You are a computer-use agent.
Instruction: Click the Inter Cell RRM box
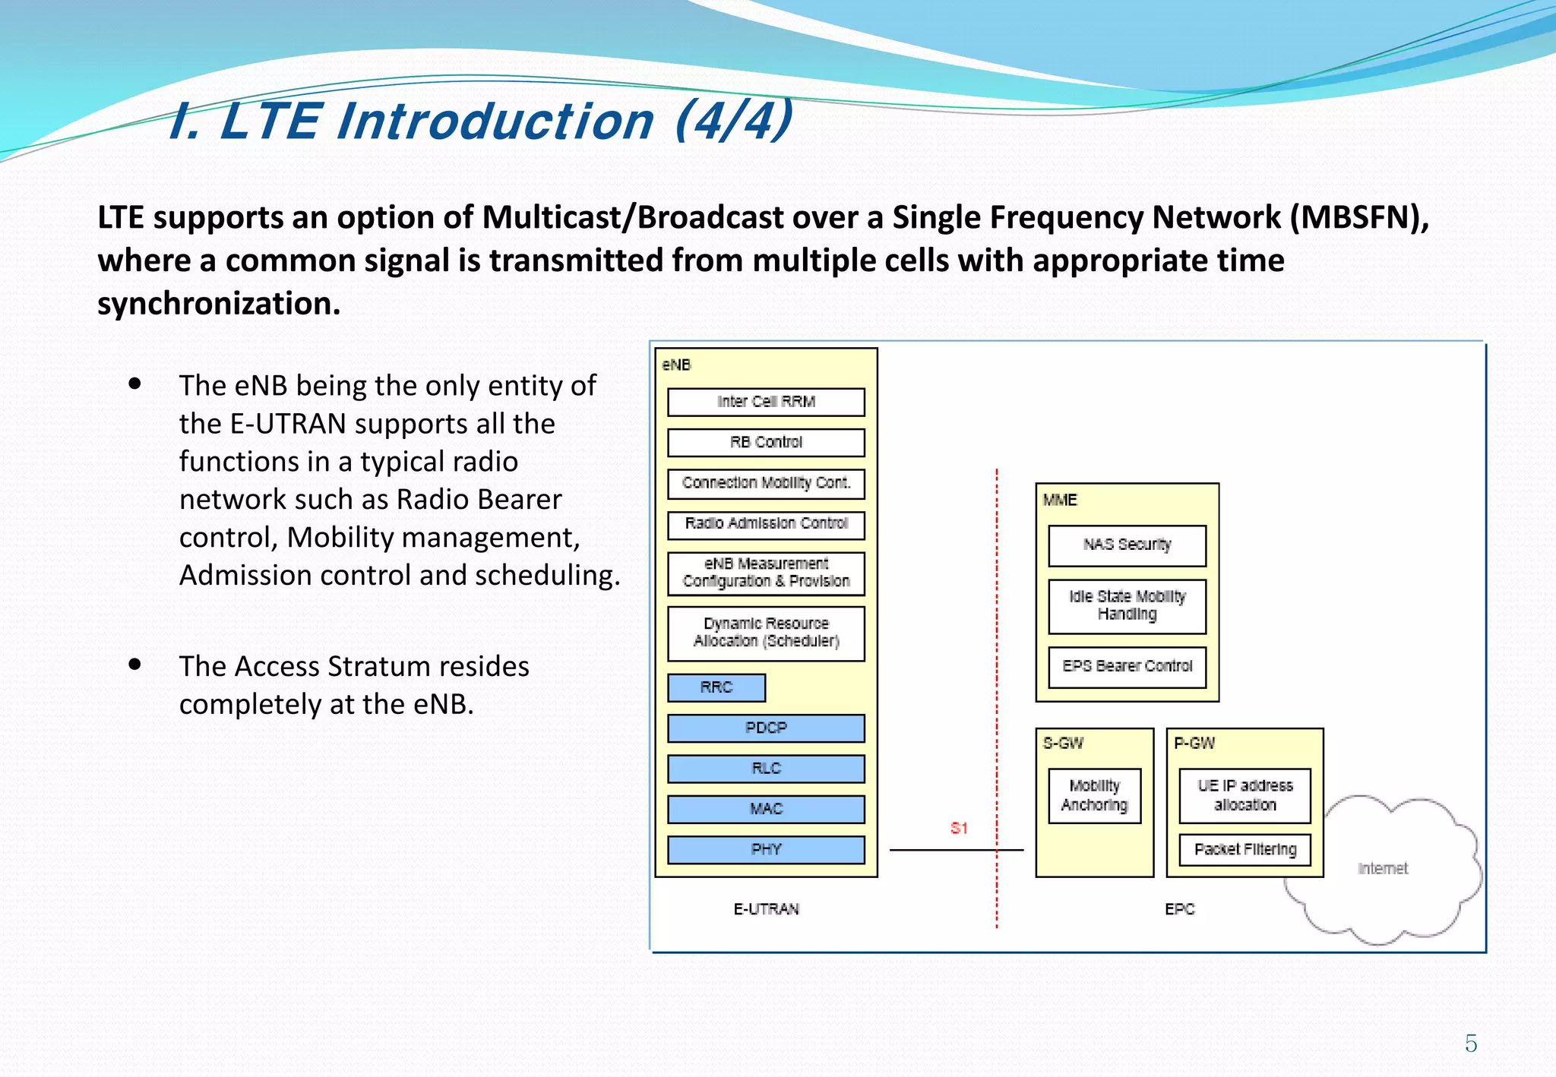click(766, 402)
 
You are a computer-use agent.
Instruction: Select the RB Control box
click(766, 442)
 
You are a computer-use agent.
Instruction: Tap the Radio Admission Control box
click(766, 524)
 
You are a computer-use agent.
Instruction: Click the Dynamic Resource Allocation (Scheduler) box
click(766, 633)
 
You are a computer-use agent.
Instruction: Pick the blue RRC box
click(716, 687)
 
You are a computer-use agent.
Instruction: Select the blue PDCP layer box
click(766, 728)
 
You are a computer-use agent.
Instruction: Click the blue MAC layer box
click(766, 809)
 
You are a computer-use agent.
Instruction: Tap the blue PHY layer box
click(766, 849)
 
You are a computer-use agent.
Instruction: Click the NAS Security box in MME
click(1127, 545)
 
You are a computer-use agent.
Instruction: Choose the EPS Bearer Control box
click(1127, 666)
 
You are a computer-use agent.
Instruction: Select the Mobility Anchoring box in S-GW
click(1094, 795)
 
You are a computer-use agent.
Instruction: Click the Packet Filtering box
click(1244, 849)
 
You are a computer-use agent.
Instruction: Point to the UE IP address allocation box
click(1244, 795)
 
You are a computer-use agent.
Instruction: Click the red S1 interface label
click(959, 828)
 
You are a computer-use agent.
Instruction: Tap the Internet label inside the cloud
click(1382, 868)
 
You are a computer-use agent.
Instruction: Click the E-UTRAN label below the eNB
click(766, 909)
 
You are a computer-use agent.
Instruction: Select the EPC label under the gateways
click(1179, 909)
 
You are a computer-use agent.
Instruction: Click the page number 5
click(1471, 1044)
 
